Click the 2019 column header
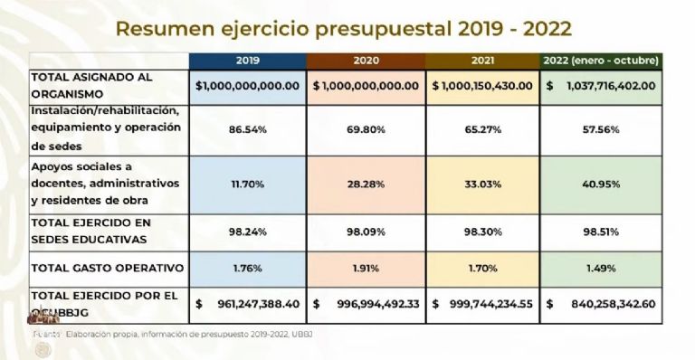[247, 61]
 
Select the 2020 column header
[366, 61]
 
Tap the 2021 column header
[482, 61]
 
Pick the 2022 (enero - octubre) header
[601, 61]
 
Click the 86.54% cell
[247, 129]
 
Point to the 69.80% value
[366, 129]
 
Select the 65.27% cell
[482, 129]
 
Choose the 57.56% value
[601, 129]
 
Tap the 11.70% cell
[247, 185]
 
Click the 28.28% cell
[366, 185]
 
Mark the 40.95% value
[601, 185]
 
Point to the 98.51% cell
[601, 232]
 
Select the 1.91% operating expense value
[366, 268]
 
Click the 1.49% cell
[601, 268]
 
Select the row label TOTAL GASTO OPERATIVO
[108, 268]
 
